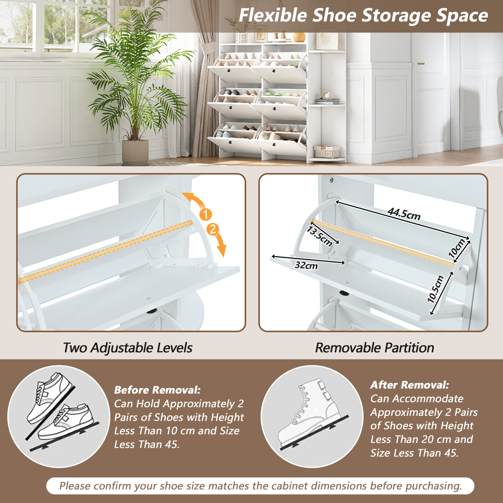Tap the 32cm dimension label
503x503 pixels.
point(306,265)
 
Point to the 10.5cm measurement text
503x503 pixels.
point(435,289)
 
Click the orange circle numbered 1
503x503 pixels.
point(206,215)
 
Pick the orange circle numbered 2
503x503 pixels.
point(213,230)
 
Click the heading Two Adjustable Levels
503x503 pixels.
point(128,348)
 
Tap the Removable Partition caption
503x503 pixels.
point(374,348)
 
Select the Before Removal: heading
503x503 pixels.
point(157,390)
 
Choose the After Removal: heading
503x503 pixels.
point(410,385)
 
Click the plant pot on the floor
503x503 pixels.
point(135,153)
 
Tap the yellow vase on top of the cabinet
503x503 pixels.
point(299,37)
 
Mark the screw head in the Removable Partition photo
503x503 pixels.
point(331,180)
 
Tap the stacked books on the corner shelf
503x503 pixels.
point(327,102)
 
